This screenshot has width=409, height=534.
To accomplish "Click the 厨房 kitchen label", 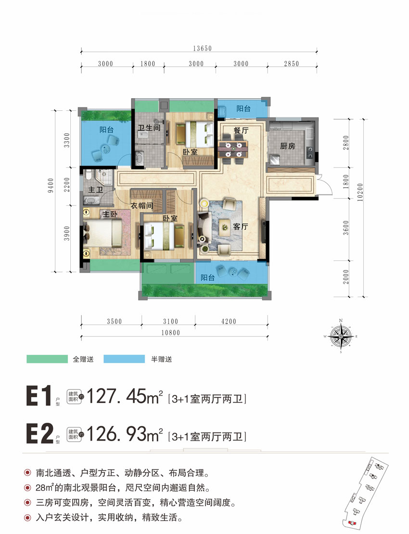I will point(288,146).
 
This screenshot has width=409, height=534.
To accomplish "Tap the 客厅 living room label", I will point(240,227).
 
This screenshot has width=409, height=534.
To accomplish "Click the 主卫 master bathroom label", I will point(96,190).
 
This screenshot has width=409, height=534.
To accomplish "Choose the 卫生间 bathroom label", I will point(149,128).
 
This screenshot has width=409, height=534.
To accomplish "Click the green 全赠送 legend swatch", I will point(46,359).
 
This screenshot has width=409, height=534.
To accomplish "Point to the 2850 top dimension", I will point(291,64).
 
